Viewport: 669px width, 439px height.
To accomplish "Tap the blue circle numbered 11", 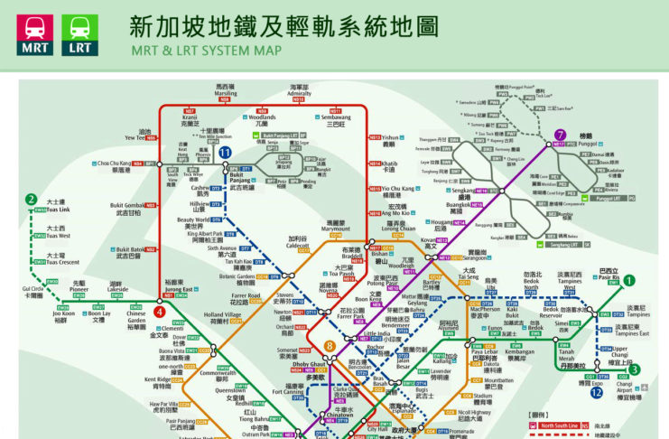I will (x=225, y=153).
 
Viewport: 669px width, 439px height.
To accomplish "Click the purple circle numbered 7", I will (x=561, y=135).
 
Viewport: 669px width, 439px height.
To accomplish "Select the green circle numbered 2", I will (x=33, y=200).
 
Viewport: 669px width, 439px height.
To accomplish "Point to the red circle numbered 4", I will (x=160, y=313).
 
